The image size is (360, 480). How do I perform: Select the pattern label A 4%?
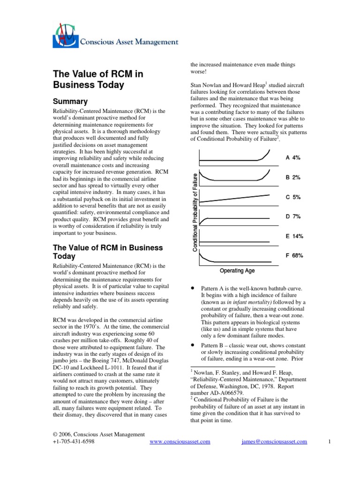point(293,158)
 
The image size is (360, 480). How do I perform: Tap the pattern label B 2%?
point(293,178)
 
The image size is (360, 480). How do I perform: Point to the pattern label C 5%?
point(293,197)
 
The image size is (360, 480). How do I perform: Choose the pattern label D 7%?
point(293,217)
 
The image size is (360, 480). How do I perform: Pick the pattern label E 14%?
point(294,236)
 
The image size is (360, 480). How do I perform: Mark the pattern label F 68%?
point(294,256)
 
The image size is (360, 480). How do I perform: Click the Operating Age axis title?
point(237,270)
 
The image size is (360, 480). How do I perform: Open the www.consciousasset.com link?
point(180,442)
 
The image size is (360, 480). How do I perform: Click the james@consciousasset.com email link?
point(274,442)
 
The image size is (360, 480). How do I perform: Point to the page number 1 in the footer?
point(330,442)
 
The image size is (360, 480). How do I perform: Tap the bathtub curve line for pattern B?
point(234,180)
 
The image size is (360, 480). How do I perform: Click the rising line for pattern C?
point(234,198)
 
